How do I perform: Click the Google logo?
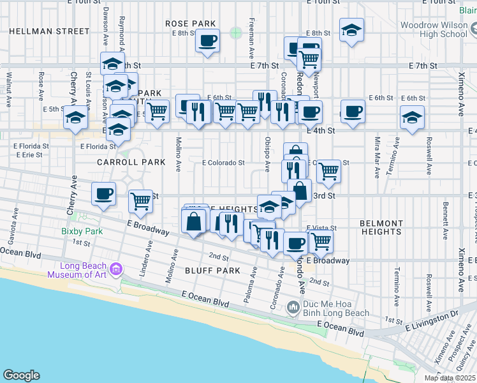coord(21,375)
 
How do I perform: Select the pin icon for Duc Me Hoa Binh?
coord(293,308)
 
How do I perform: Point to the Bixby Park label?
coord(77,231)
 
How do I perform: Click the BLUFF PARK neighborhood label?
coord(214,271)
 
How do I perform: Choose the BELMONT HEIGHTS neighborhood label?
coord(381,228)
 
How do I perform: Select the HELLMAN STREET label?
coord(50,31)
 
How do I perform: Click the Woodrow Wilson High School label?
coord(434,29)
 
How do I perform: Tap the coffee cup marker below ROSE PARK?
coord(207,42)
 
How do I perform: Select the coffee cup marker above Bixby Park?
coord(103,193)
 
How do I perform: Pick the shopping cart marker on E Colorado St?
coord(328,170)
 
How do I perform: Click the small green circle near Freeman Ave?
coord(237,31)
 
